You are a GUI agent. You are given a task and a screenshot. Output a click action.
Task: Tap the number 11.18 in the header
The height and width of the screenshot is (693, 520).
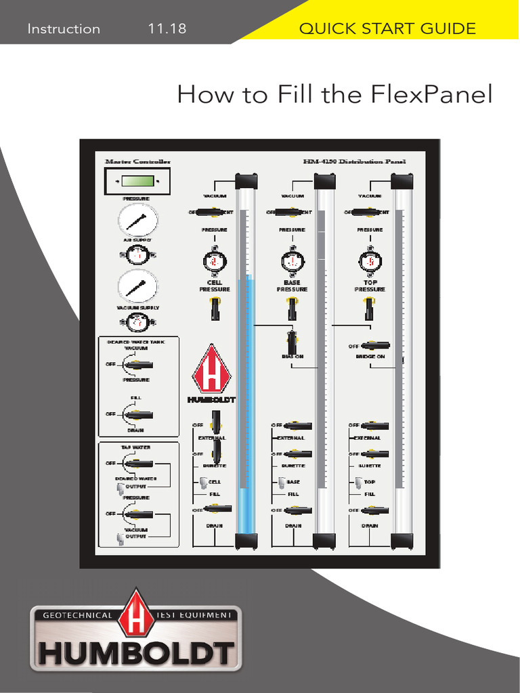[x=167, y=28]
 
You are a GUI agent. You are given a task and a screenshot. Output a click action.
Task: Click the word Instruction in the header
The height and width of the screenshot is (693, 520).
[x=64, y=28]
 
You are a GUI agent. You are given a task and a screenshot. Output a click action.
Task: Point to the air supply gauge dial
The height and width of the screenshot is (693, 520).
[x=137, y=220]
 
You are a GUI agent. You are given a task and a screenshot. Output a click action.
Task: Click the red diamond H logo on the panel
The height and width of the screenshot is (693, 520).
[x=212, y=372]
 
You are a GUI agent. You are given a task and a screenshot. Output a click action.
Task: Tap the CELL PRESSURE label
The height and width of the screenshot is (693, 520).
[x=215, y=286]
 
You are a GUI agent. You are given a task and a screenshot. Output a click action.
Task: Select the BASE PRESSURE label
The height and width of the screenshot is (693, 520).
[x=292, y=286]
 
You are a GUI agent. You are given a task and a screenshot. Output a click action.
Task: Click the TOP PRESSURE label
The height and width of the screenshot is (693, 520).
[x=370, y=286]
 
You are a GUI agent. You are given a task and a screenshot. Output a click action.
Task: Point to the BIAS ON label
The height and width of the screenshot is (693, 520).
[x=292, y=356]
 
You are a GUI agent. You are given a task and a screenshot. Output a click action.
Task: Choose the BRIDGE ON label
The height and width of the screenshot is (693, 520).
[x=370, y=356]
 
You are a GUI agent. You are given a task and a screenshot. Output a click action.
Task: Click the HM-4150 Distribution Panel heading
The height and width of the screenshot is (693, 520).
[x=354, y=162]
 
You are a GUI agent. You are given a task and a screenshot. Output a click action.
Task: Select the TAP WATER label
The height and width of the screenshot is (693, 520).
[x=135, y=447]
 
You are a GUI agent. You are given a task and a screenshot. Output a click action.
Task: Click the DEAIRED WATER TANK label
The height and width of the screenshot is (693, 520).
[x=135, y=342]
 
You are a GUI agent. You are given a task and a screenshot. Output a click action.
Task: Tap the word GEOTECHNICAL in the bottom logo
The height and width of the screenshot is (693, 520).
[x=77, y=615]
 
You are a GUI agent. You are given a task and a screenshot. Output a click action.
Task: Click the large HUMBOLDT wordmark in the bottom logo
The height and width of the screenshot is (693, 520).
[x=136, y=652]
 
